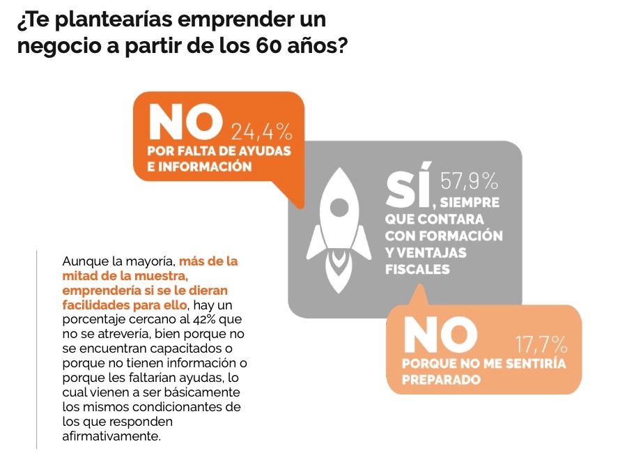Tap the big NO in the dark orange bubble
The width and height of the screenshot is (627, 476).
click(185, 123)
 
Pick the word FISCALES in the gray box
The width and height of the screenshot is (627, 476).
click(417, 269)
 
